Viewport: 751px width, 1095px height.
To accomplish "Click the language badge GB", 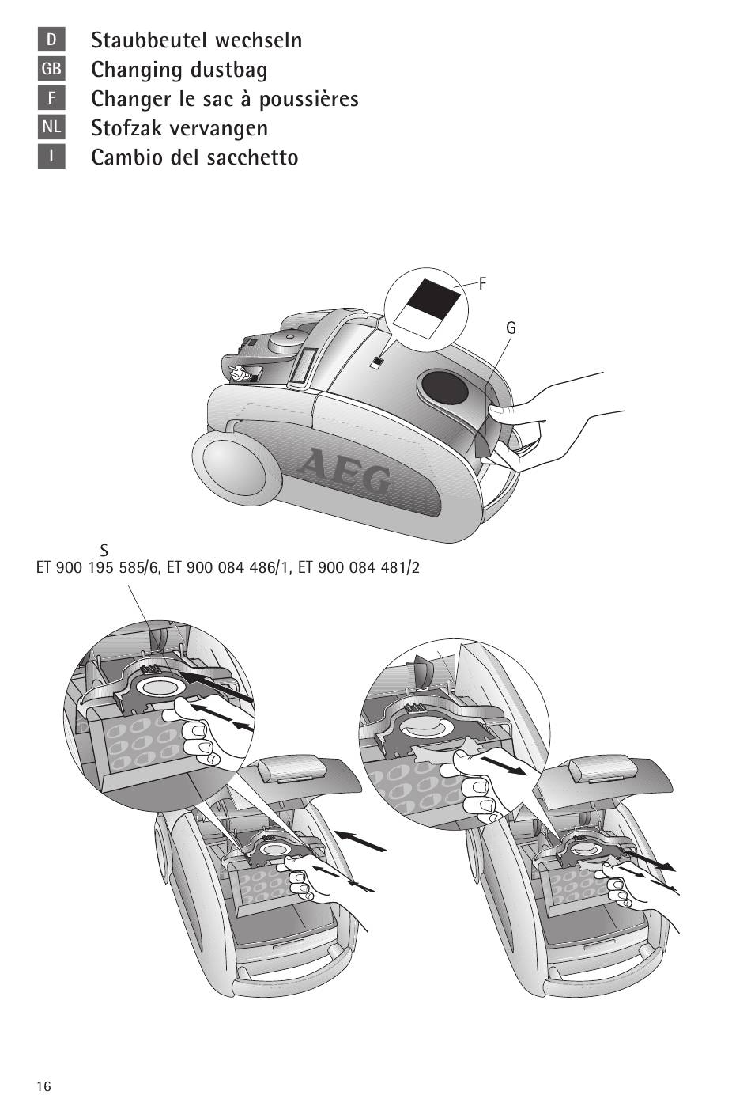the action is click(51, 69).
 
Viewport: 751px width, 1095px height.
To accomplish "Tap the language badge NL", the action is click(51, 127).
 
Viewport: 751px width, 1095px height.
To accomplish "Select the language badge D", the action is click(51, 40).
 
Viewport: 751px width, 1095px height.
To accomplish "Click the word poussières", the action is click(308, 100).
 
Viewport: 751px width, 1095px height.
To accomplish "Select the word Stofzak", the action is click(126, 128).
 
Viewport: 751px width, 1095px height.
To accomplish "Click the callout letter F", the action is click(482, 283).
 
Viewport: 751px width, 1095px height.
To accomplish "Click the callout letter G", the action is click(511, 328).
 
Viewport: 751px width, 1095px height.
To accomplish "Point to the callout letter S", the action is click(104, 551).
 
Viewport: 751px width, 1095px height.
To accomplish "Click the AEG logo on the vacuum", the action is click(344, 472).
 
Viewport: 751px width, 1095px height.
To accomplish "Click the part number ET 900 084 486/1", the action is click(227, 567).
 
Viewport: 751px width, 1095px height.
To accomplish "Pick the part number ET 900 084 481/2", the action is click(359, 567).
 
